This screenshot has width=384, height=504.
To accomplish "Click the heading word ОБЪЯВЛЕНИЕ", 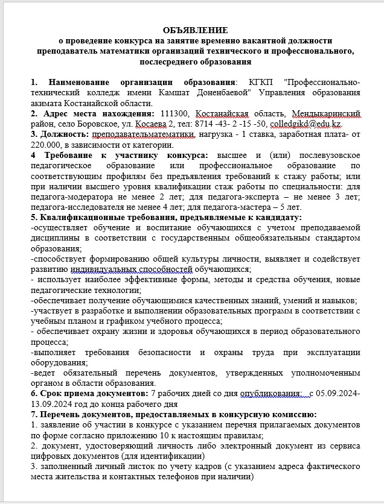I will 194,30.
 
